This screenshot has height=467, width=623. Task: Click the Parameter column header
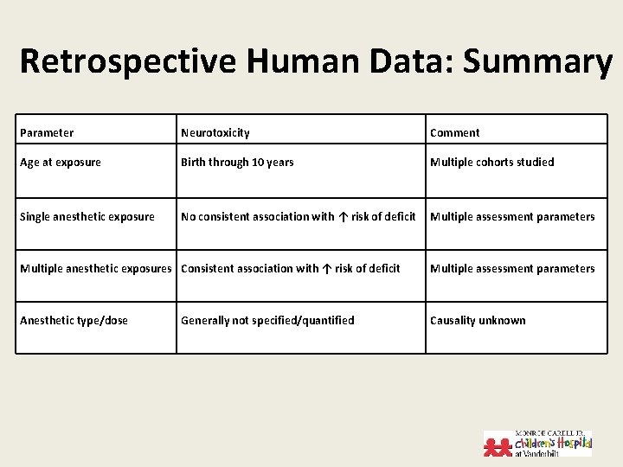[x=47, y=133]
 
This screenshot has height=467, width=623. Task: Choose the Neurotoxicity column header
[x=215, y=133]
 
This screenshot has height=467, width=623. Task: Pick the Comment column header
[x=454, y=133]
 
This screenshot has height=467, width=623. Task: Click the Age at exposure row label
[x=61, y=163]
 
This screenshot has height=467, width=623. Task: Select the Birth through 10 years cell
[x=237, y=163]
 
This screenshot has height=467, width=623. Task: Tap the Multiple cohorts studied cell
[x=491, y=163]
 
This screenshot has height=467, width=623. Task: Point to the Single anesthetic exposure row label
[x=87, y=217]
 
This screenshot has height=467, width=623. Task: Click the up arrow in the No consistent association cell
[x=344, y=217]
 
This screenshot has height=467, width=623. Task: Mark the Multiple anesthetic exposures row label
[x=95, y=269]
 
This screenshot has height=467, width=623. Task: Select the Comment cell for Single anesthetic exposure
[x=512, y=217]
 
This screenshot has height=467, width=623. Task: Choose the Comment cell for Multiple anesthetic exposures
[x=512, y=269]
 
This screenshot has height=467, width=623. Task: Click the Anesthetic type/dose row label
[x=74, y=321]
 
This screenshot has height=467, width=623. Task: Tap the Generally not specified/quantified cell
[x=267, y=321]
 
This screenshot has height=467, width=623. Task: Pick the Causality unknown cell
[x=478, y=321]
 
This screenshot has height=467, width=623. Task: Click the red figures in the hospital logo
[x=498, y=445]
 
